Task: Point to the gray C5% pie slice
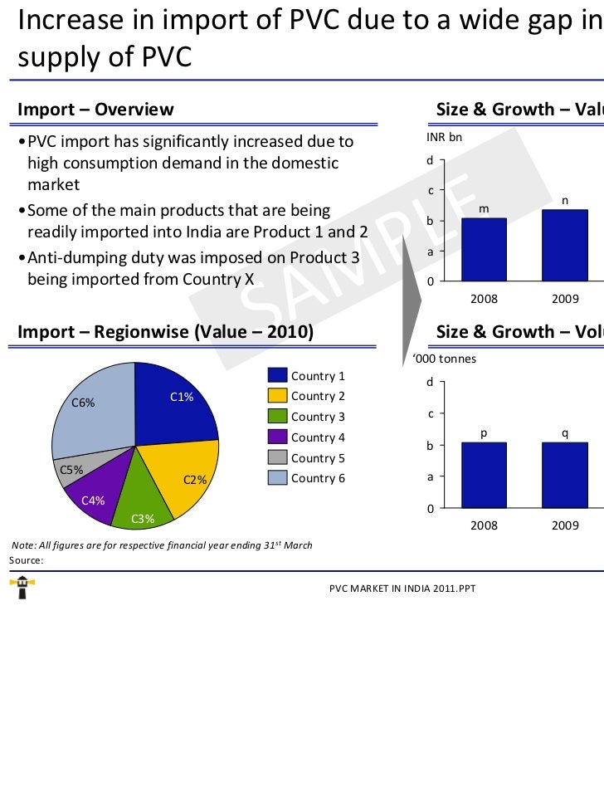[79, 467]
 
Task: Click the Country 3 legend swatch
[277, 417]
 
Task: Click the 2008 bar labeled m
[484, 249]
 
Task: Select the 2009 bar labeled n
[564, 245]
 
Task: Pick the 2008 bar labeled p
[484, 475]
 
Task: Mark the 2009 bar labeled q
[564, 475]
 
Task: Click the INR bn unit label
[444, 138]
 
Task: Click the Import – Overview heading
[95, 110]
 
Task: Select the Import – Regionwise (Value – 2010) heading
[165, 332]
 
